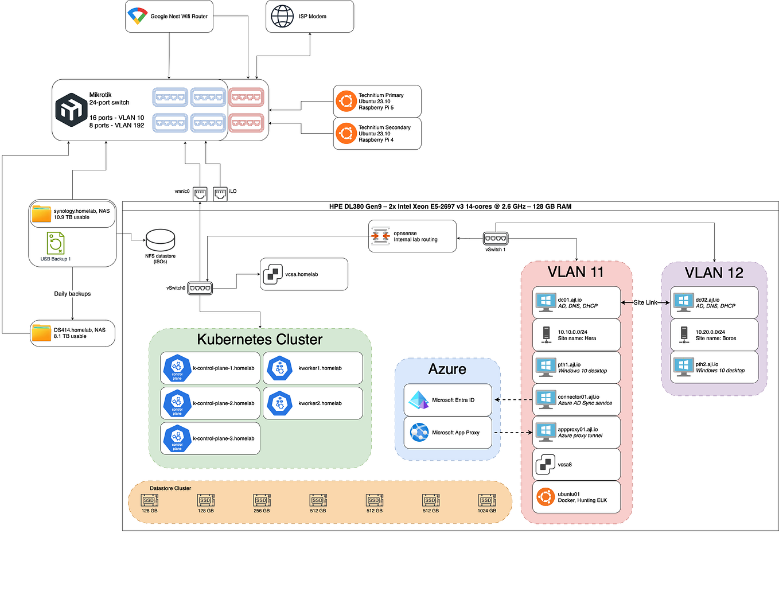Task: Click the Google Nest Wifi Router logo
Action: click(137, 16)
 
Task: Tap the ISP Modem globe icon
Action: click(282, 16)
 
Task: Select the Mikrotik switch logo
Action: click(71, 110)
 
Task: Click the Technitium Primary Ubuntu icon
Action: click(346, 102)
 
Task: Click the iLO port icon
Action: click(220, 194)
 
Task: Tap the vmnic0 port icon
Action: click(200, 194)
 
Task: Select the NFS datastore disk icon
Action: click(160, 240)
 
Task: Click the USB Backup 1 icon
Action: click(56, 243)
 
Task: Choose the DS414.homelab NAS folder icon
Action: click(41, 333)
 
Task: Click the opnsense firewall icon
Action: click(380, 236)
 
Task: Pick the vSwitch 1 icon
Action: click(495, 238)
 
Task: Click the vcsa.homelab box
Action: click(304, 274)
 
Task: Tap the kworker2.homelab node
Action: click(313, 403)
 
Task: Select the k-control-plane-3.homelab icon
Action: click(177, 439)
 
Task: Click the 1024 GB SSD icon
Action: click(486, 500)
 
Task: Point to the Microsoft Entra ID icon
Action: click(419, 400)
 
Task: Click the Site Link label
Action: click(645, 302)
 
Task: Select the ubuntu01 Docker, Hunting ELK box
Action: click(577, 497)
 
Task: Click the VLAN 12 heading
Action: click(714, 273)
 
